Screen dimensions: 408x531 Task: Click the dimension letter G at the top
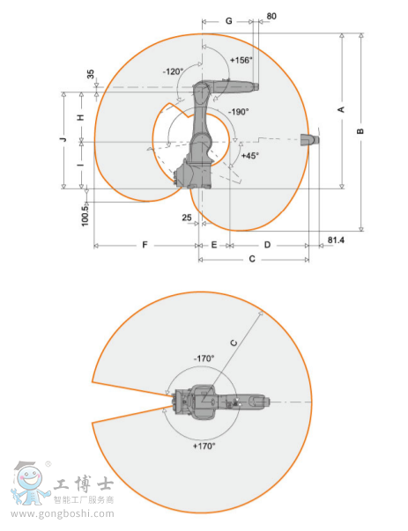229,21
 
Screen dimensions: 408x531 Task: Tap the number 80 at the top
271,16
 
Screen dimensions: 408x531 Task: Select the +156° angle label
241,60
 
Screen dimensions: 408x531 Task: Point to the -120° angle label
173,72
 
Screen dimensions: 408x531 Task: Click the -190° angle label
239,112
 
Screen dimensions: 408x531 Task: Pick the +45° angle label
250,156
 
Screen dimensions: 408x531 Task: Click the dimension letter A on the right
341,109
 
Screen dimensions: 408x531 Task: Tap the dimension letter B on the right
360,131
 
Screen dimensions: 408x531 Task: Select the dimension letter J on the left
63,139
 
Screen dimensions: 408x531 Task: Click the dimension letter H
81,117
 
